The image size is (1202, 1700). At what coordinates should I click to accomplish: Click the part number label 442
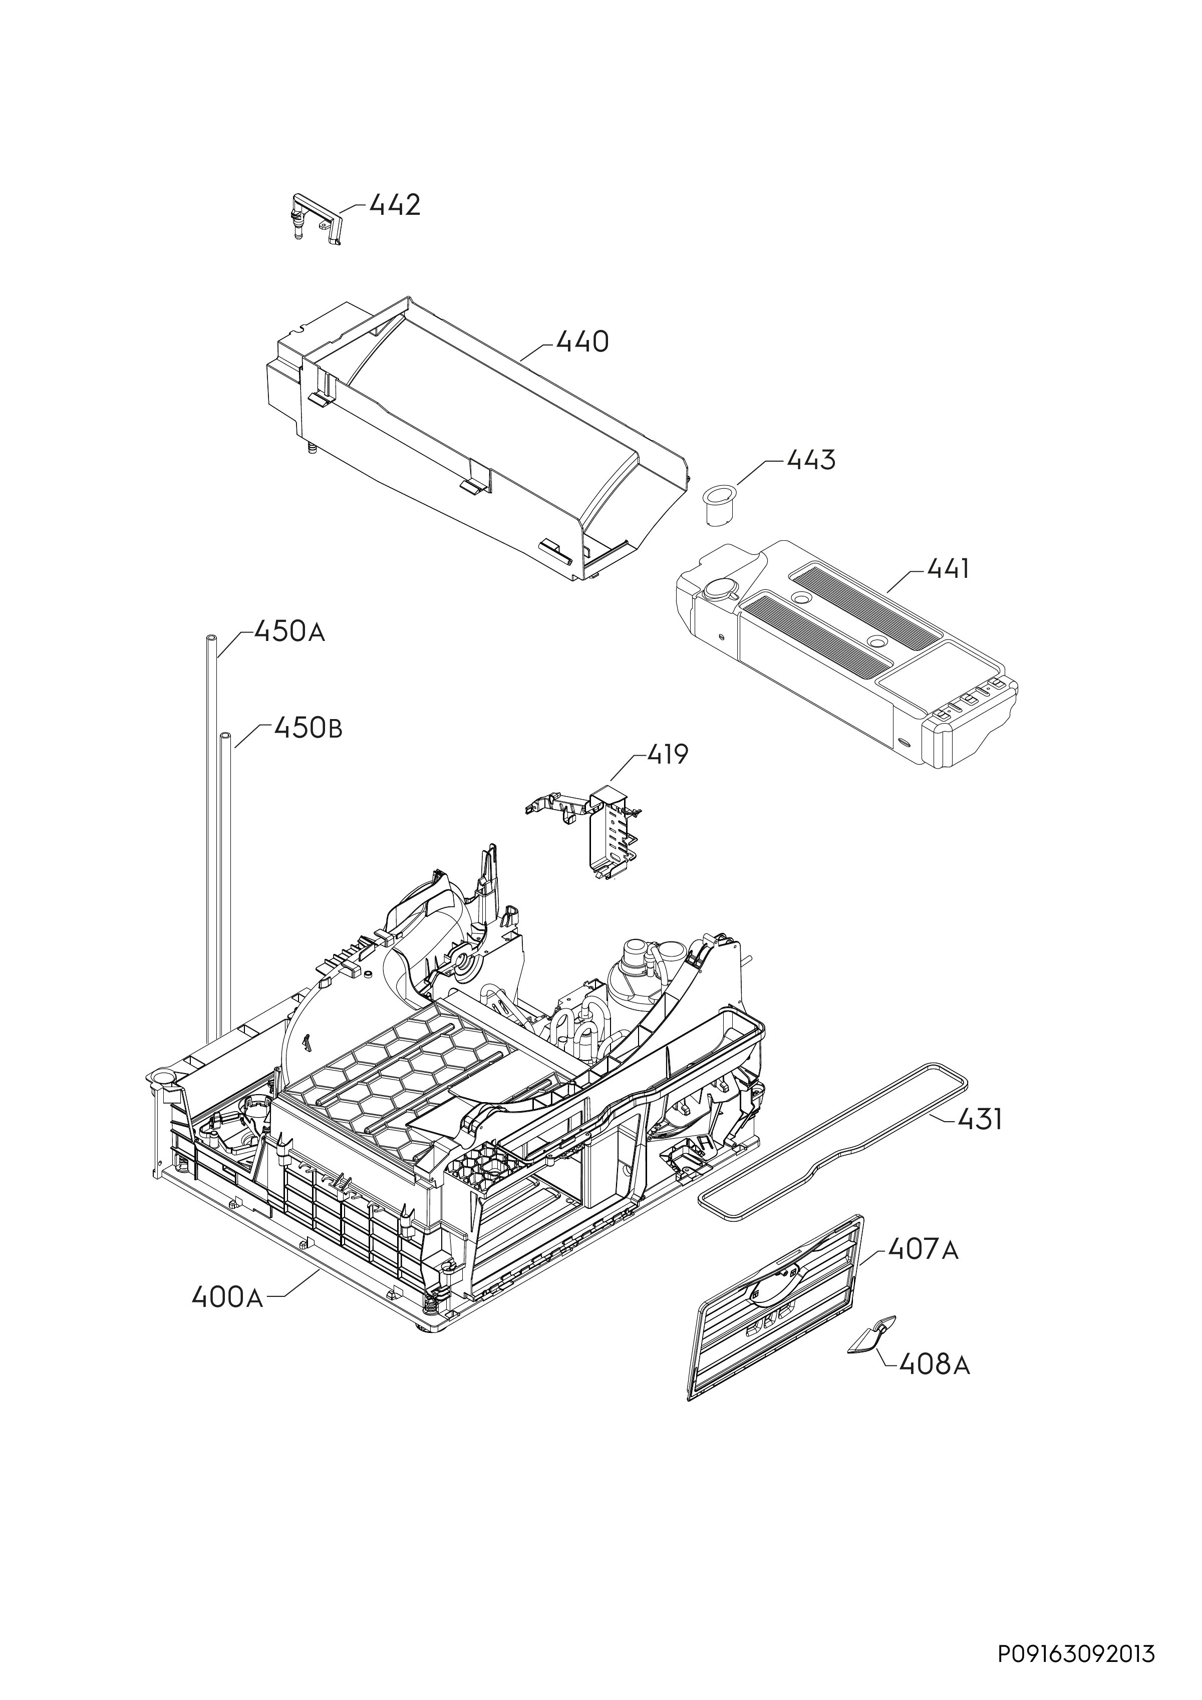[395, 205]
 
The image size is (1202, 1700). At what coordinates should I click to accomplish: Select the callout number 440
[582, 342]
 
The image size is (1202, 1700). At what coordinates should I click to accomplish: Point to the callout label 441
[949, 569]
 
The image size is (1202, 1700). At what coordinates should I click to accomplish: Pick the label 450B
[308, 728]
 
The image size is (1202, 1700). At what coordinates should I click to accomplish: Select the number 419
[668, 755]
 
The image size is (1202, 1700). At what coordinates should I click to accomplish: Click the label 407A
[923, 1250]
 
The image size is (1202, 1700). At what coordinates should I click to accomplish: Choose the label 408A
[934, 1364]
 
